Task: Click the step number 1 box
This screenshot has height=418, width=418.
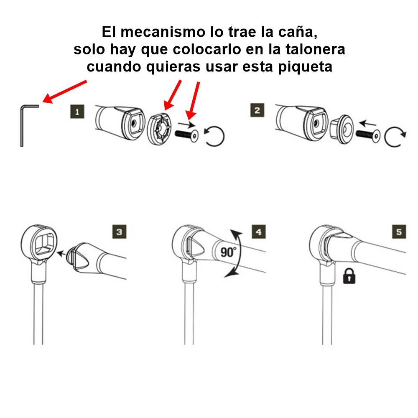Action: [x=77, y=112]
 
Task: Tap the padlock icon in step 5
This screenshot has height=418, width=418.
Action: [x=349, y=276]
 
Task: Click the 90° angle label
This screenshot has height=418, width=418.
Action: [x=228, y=252]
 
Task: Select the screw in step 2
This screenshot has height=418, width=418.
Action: [x=368, y=135]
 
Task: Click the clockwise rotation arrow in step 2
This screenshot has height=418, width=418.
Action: [x=394, y=138]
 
